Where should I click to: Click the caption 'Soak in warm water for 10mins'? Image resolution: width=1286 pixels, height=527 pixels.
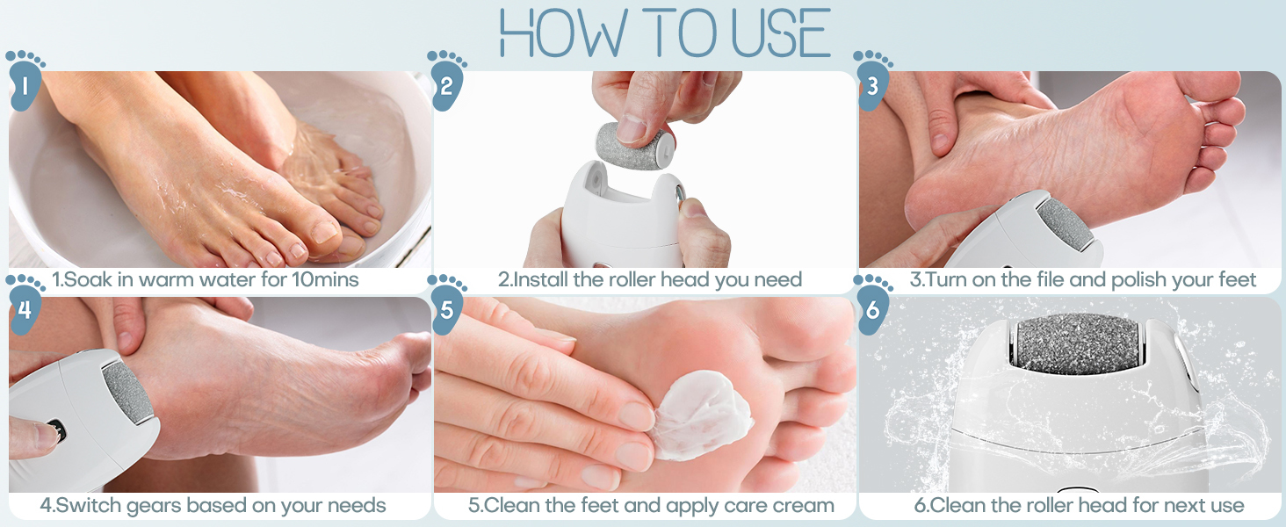(x=206, y=281)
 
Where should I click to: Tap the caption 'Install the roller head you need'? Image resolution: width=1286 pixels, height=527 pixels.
(x=650, y=281)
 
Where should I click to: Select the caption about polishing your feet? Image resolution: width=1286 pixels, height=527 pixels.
(x=1083, y=281)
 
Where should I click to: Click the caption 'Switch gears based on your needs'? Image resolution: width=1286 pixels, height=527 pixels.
(x=213, y=506)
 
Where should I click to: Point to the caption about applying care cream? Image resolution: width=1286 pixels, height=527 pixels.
(x=650, y=506)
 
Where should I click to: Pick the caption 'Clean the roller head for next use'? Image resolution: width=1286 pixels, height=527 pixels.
(x=1079, y=506)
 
